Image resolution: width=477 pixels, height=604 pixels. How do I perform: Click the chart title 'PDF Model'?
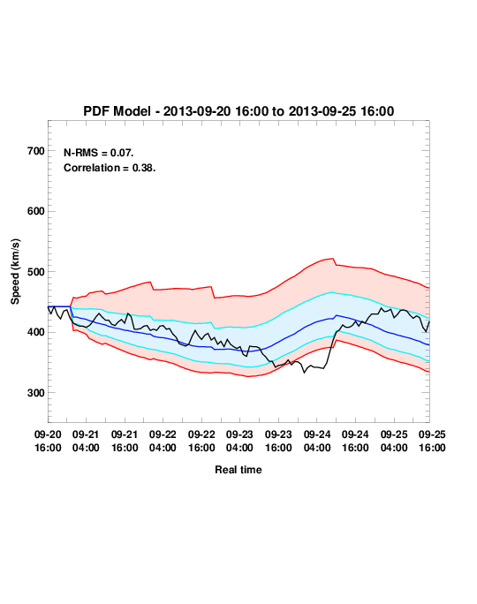pos(117,111)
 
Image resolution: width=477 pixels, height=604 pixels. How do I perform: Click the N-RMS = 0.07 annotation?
pos(99,153)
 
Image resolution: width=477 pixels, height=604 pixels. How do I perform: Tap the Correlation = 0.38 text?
pos(110,168)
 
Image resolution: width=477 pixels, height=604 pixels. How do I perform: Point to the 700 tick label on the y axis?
pos(36,151)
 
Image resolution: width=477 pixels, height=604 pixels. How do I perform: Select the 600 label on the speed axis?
pos(36,211)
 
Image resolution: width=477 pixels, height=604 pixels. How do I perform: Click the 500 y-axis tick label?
pos(36,272)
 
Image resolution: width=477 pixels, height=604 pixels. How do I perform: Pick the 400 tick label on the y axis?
pos(36,332)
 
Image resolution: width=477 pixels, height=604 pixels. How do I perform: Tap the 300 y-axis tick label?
pos(36,393)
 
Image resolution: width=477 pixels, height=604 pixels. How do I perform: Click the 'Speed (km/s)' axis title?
pos(15,272)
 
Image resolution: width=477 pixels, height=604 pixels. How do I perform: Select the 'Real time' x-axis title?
pos(238,470)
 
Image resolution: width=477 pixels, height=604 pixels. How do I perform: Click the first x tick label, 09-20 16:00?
pos(48,441)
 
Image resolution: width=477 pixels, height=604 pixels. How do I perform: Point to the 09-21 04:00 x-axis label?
pos(86,441)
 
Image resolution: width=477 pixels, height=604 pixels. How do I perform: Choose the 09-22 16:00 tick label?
pos(201,441)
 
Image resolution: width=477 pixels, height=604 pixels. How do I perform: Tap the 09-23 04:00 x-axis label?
pos(239,441)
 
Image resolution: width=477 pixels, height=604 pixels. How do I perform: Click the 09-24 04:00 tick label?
pos(317,441)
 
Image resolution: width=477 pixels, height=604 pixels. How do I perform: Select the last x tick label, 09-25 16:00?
pos(432,441)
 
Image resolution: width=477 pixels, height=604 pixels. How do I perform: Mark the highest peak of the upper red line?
pos(333,259)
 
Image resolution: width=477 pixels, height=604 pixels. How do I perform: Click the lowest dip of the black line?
pos(304,373)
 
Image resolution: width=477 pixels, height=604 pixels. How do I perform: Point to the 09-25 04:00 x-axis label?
pos(394,441)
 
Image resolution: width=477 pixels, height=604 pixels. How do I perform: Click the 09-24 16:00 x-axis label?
pos(355,441)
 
